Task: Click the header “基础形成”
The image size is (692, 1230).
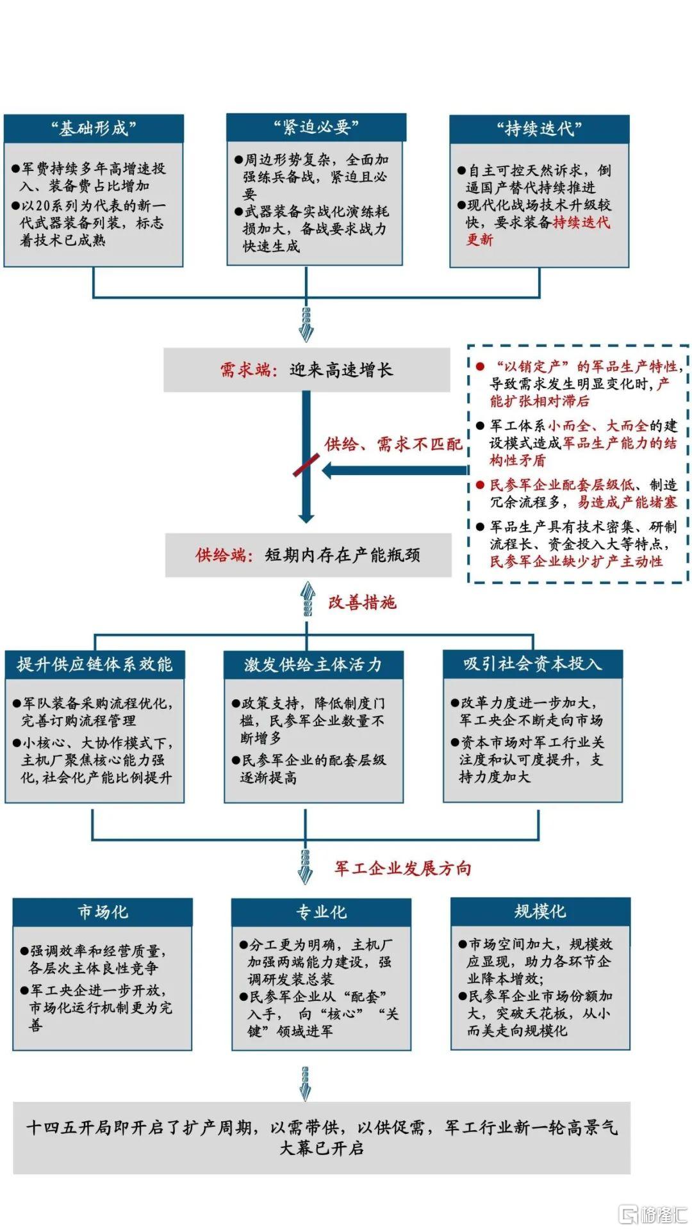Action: (x=94, y=129)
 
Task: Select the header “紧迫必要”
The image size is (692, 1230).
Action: (x=316, y=127)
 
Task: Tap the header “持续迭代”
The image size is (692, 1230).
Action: (x=539, y=129)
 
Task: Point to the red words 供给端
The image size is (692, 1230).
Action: (x=221, y=555)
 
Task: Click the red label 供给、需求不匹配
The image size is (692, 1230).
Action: (x=393, y=444)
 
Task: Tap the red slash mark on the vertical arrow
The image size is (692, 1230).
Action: (x=306, y=465)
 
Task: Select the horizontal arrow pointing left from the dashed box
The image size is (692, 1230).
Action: (x=395, y=471)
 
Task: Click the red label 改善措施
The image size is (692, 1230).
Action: (x=363, y=603)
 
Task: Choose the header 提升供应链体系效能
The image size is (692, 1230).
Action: (x=95, y=665)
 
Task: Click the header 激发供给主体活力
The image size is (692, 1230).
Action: (x=313, y=665)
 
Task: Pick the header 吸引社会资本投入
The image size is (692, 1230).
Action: (x=532, y=664)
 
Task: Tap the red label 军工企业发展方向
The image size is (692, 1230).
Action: (x=403, y=868)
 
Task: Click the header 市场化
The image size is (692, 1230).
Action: (x=103, y=912)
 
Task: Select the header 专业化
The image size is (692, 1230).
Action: (x=321, y=912)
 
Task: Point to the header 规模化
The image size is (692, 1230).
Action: (x=540, y=911)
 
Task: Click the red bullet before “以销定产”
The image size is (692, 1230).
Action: (x=480, y=366)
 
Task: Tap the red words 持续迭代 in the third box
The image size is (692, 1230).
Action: (x=582, y=223)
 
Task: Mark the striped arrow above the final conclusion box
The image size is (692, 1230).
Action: (x=306, y=1083)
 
